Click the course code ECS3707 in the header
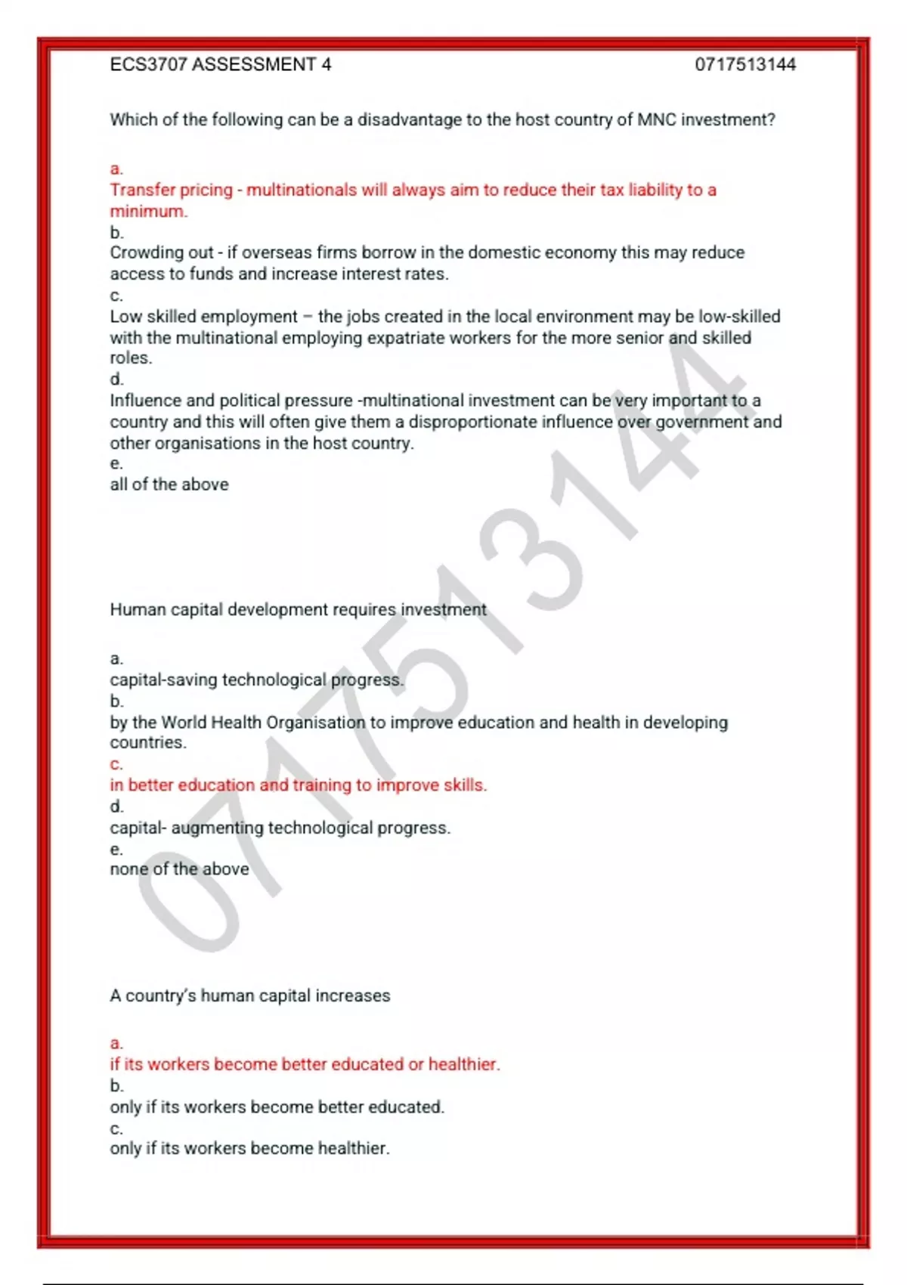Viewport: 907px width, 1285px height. click(x=148, y=65)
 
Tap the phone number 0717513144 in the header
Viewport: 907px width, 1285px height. click(x=745, y=65)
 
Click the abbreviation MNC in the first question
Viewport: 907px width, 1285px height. click(x=657, y=119)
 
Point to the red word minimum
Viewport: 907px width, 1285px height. click(x=147, y=212)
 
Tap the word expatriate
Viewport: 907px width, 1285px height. click(x=406, y=338)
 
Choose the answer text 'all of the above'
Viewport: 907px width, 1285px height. click(x=169, y=485)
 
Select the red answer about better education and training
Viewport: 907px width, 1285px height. click(x=298, y=785)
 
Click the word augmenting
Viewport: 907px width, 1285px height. click(x=218, y=828)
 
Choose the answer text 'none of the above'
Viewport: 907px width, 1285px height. click(x=179, y=869)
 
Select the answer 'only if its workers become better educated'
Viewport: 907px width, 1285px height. click(x=277, y=1107)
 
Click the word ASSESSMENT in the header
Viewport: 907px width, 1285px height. click(x=254, y=65)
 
